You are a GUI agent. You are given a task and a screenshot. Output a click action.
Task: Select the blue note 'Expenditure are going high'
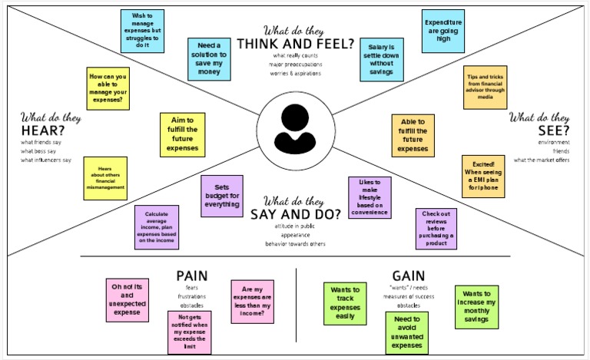(445, 31)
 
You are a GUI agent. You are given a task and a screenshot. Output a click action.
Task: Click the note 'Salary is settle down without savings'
(382, 59)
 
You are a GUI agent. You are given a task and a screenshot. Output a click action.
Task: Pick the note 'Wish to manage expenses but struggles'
(142, 31)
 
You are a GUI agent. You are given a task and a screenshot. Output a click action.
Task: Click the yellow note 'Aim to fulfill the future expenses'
(181, 134)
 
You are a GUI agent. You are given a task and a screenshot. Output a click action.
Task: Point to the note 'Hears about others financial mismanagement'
(104, 178)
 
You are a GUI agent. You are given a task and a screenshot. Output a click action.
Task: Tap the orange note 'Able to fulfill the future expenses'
(413, 135)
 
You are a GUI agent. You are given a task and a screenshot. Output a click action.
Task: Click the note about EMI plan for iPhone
(483, 177)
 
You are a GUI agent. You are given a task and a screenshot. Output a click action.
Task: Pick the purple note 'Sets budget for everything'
(221, 197)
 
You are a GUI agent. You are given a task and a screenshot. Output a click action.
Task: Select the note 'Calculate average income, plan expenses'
(157, 227)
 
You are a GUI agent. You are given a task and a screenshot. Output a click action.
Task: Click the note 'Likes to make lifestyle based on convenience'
(370, 198)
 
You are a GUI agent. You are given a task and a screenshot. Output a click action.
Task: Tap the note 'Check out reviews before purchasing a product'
(436, 229)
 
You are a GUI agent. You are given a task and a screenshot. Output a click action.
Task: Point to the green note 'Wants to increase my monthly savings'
(476, 307)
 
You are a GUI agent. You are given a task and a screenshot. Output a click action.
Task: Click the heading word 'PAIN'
(192, 275)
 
